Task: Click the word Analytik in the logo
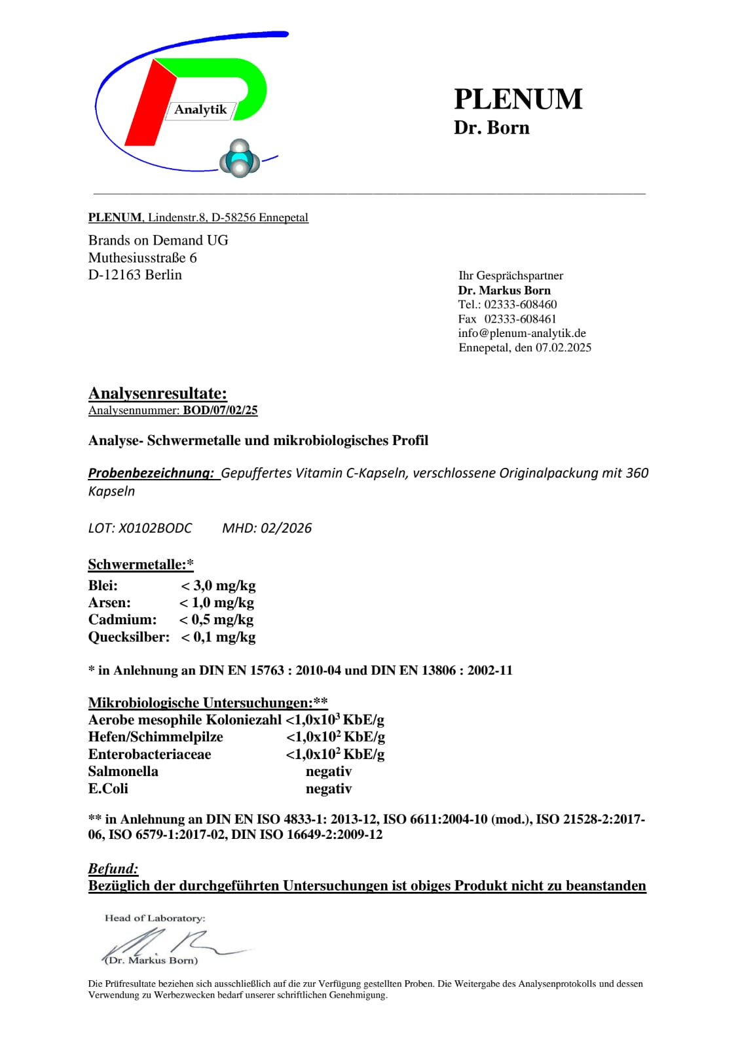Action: coord(200,109)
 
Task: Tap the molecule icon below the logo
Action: coord(240,159)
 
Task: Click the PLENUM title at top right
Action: coord(518,99)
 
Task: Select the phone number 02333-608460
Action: coord(521,304)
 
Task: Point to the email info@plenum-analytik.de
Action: coord(522,333)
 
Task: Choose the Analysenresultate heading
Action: coord(158,393)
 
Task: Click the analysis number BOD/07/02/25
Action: coord(220,410)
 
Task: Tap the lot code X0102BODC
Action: coord(155,528)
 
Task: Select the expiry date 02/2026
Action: coord(286,528)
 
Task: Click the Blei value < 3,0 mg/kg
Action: coord(218,586)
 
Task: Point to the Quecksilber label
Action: coord(128,637)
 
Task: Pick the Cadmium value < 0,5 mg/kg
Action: coord(216,620)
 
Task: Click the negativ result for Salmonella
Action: coord(329,772)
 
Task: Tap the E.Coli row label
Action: coord(108,789)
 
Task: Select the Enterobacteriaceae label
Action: coord(149,754)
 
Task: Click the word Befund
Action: coord(113,868)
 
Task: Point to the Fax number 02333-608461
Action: coord(520,319)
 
